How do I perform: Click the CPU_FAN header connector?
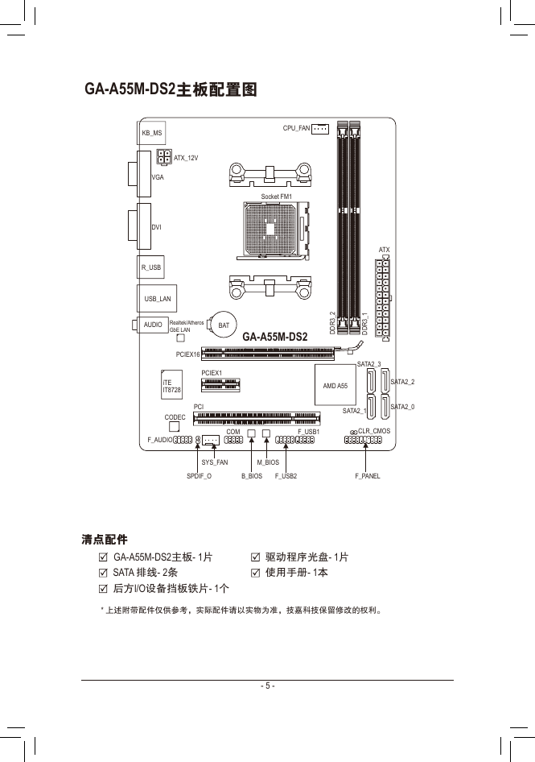tap(320, 129)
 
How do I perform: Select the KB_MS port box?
tap(151, 133)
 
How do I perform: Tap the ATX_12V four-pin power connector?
tap(164, 157)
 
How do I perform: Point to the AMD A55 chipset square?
tap(335, 385)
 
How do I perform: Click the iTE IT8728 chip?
tap(172, 385)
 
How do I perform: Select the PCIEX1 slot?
tap(221, 384)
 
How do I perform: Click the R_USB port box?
tap(150, 267)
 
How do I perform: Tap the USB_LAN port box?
tap(157, 298)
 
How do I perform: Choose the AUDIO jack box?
tap(152, 324)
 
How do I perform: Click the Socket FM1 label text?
tap(276, 197)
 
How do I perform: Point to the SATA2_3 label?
tap(369, 363)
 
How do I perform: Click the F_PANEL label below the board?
tap(368, 476)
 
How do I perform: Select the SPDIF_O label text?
tap(199, 476)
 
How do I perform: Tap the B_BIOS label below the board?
tap(252, 476)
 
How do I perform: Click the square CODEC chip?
tap(175, 426)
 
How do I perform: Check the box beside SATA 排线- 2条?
tap(103, 573)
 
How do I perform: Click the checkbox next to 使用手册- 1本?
tap(255, 573)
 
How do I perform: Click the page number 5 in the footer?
tap(267, 685)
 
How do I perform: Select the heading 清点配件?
tap(105, 540)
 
